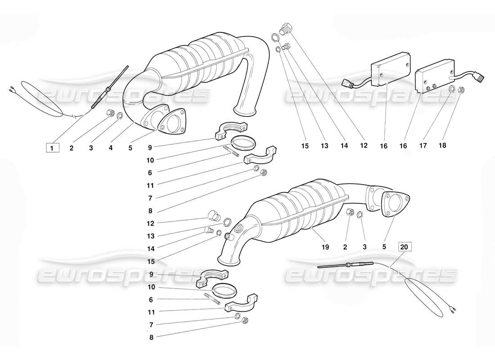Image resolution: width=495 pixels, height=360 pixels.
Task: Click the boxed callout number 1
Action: point(52,147)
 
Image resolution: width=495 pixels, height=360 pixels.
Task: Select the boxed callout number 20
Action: point(405,247)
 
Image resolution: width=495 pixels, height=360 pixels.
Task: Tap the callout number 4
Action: point(110,148)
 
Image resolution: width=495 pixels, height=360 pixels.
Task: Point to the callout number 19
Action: point(325,247)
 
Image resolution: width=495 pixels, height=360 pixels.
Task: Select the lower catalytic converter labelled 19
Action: point(297,211)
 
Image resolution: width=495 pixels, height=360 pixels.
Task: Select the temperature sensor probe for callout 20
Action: point(346,265)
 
